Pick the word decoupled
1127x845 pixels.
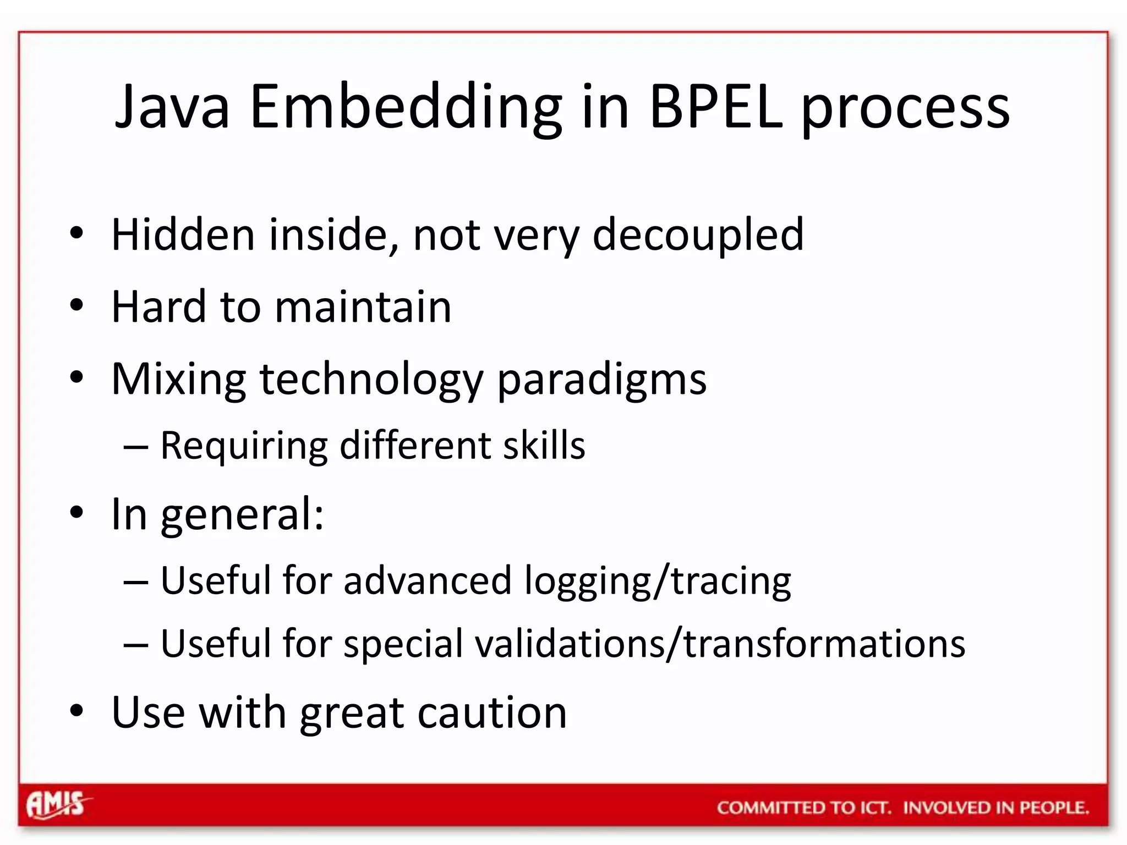coord(698,235)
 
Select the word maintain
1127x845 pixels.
coord(363,306)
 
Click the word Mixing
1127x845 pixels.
coord(178,380)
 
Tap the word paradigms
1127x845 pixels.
coord(601,380)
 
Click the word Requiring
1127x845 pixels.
coord(244,446)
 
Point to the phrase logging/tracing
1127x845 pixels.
coord(657,581)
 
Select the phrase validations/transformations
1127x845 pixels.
coord(720,643)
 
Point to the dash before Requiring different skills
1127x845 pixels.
coord(135,447)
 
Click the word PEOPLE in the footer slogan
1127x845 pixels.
coord(1054,808)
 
